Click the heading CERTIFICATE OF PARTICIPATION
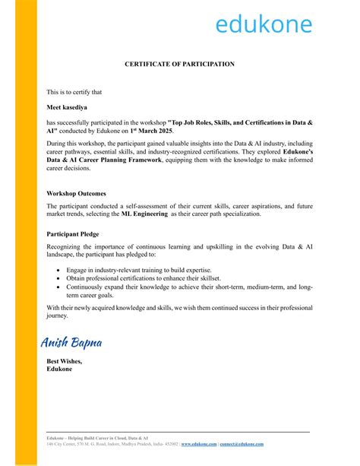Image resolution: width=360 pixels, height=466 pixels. (179, 65)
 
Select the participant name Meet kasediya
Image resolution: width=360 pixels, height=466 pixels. (70, 108)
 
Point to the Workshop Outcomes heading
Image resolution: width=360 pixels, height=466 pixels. (76, 193)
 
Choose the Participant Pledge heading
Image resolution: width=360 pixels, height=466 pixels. (75, 234)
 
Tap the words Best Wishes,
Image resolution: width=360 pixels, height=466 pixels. (65, 361)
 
